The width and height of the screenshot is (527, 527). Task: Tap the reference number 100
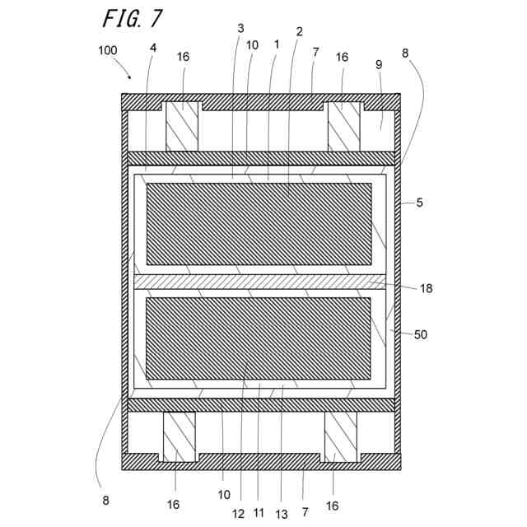point(107,50)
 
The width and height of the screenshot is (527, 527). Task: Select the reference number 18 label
point(426,288)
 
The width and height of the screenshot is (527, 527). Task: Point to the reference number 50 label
point(421,334)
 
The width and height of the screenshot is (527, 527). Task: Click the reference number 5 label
point(420,202)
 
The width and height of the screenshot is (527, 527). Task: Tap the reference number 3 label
point(240,28)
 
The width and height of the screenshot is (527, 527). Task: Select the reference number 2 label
point(299,31)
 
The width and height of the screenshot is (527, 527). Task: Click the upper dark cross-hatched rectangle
point(259,224)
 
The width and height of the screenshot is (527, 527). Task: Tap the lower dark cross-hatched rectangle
point(259,338)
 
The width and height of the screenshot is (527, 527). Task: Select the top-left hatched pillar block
point(183,127)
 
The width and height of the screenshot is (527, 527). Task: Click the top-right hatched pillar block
point(344,127)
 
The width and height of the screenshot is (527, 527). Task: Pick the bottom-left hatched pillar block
point(179,437)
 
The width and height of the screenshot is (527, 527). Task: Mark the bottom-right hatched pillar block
point(340,437)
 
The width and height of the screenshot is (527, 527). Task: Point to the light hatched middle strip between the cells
point(259,282)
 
